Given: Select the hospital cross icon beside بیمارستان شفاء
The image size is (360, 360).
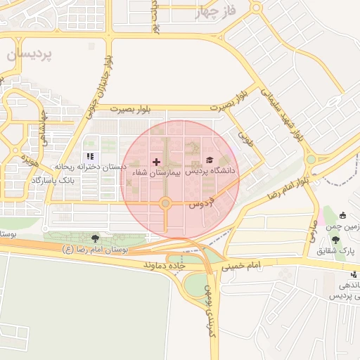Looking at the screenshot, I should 156,162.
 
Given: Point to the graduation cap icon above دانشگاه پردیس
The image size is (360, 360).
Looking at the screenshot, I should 209,160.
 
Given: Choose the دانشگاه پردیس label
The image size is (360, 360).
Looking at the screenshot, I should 211,171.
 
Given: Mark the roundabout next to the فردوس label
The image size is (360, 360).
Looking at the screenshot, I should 165,204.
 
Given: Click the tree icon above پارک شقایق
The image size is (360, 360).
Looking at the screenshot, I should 342,215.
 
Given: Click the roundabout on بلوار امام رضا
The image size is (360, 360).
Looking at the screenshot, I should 311,160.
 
